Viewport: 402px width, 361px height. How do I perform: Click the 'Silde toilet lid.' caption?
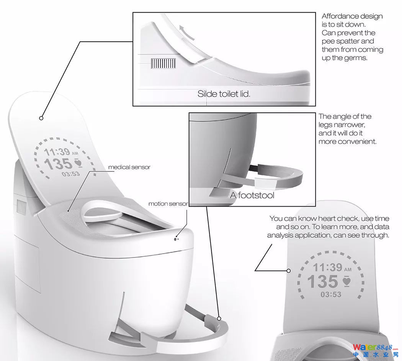pos(224,94)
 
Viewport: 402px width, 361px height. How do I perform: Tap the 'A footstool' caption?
pos(252,195)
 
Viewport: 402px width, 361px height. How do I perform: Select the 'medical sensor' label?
pos(129,167)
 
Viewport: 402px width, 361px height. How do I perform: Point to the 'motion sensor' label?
pos(168,204)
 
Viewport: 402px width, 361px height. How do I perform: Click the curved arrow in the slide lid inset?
pos(184,34)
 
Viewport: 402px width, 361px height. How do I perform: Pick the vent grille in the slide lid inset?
pos(163,63)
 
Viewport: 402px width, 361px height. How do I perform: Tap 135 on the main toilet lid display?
pos(58,164)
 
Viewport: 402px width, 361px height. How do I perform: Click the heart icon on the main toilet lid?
pos(77,163)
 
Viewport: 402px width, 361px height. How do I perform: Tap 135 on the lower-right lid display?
pos(322,282)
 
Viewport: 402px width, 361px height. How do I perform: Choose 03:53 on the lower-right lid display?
pos(331,295)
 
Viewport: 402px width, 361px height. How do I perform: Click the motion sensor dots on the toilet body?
pos(176,239)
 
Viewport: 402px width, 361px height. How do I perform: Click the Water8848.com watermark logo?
pos(377,348)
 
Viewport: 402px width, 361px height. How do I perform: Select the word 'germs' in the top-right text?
pos(358,58)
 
